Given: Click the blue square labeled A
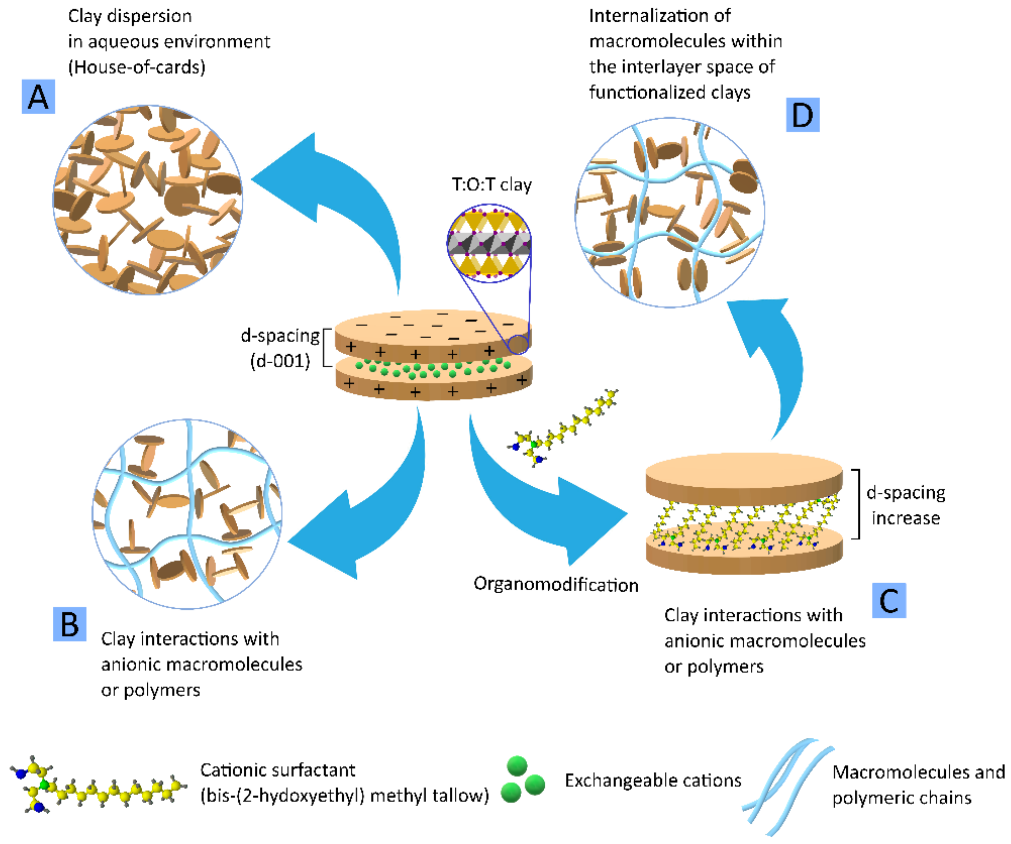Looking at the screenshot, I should pos(38,97).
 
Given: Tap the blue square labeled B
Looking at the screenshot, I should pos(70,624).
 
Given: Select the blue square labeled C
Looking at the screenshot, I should pos(889,601).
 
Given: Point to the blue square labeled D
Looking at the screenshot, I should pos(802,115).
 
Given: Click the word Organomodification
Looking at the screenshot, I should pos(556,584).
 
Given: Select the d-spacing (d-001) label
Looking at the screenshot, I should pos(280,348).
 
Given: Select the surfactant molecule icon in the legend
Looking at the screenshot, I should pos(96,785).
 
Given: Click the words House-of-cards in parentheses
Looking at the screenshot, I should pos(137,67).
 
